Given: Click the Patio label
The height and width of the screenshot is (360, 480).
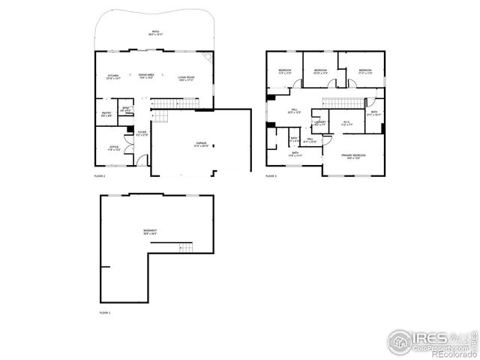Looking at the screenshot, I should [x=155, y=32].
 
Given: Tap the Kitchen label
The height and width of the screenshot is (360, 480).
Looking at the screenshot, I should [x=114, y=76].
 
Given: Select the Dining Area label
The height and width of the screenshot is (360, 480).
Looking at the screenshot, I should [x=146, y=76].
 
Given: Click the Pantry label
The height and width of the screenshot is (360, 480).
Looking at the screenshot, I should [x=106, y=114].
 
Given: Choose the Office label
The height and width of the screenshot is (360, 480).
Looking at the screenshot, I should [x=114, y=148].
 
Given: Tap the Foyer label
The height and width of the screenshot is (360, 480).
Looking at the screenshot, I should [x=142, y=134].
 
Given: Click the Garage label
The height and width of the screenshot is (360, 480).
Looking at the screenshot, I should [x=202, y=144].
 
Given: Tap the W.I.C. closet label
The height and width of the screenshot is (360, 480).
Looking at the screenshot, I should [x=347, y=124].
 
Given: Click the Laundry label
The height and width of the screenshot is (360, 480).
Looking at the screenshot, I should [x=319, y=123].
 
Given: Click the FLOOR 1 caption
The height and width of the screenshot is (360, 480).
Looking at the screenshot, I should [x=105, y=311].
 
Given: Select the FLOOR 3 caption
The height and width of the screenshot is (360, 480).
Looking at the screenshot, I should [x=271, y=176].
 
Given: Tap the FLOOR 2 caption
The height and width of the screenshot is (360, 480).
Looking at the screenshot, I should [x=99, y=176].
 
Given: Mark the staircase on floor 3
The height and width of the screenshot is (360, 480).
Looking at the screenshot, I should [x=339, y=103].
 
